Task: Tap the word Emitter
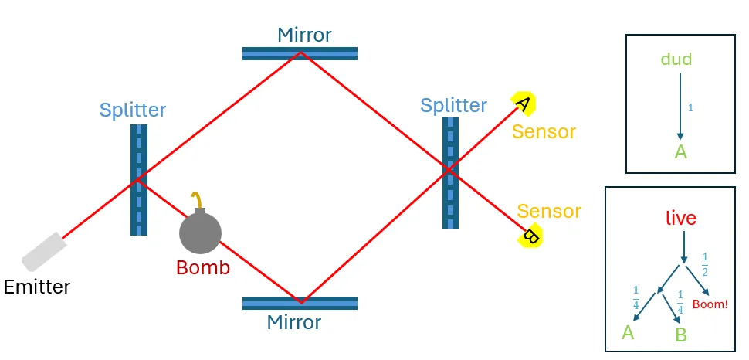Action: coord(37,287)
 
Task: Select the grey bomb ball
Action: coord(200,232)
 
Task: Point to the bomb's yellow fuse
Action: coord(198,199)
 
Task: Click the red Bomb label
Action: coord(203,268)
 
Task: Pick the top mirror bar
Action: coord(300,53)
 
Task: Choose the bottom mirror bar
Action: coord(300,303)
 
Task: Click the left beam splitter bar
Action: coord(139,179)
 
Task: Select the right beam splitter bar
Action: coord(450,172)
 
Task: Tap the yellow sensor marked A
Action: coord(523,104)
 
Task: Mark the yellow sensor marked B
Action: coord(530,235)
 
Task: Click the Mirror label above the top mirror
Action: coord(304,35)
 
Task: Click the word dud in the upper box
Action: coord(676,59)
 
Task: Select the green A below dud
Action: coord(680,151)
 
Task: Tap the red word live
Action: coord(680,219)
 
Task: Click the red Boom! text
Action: coord(710,304)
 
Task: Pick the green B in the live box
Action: coord(681,335)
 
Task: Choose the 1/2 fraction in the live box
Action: coord(704,263)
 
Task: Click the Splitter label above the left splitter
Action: coord(132,110)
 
